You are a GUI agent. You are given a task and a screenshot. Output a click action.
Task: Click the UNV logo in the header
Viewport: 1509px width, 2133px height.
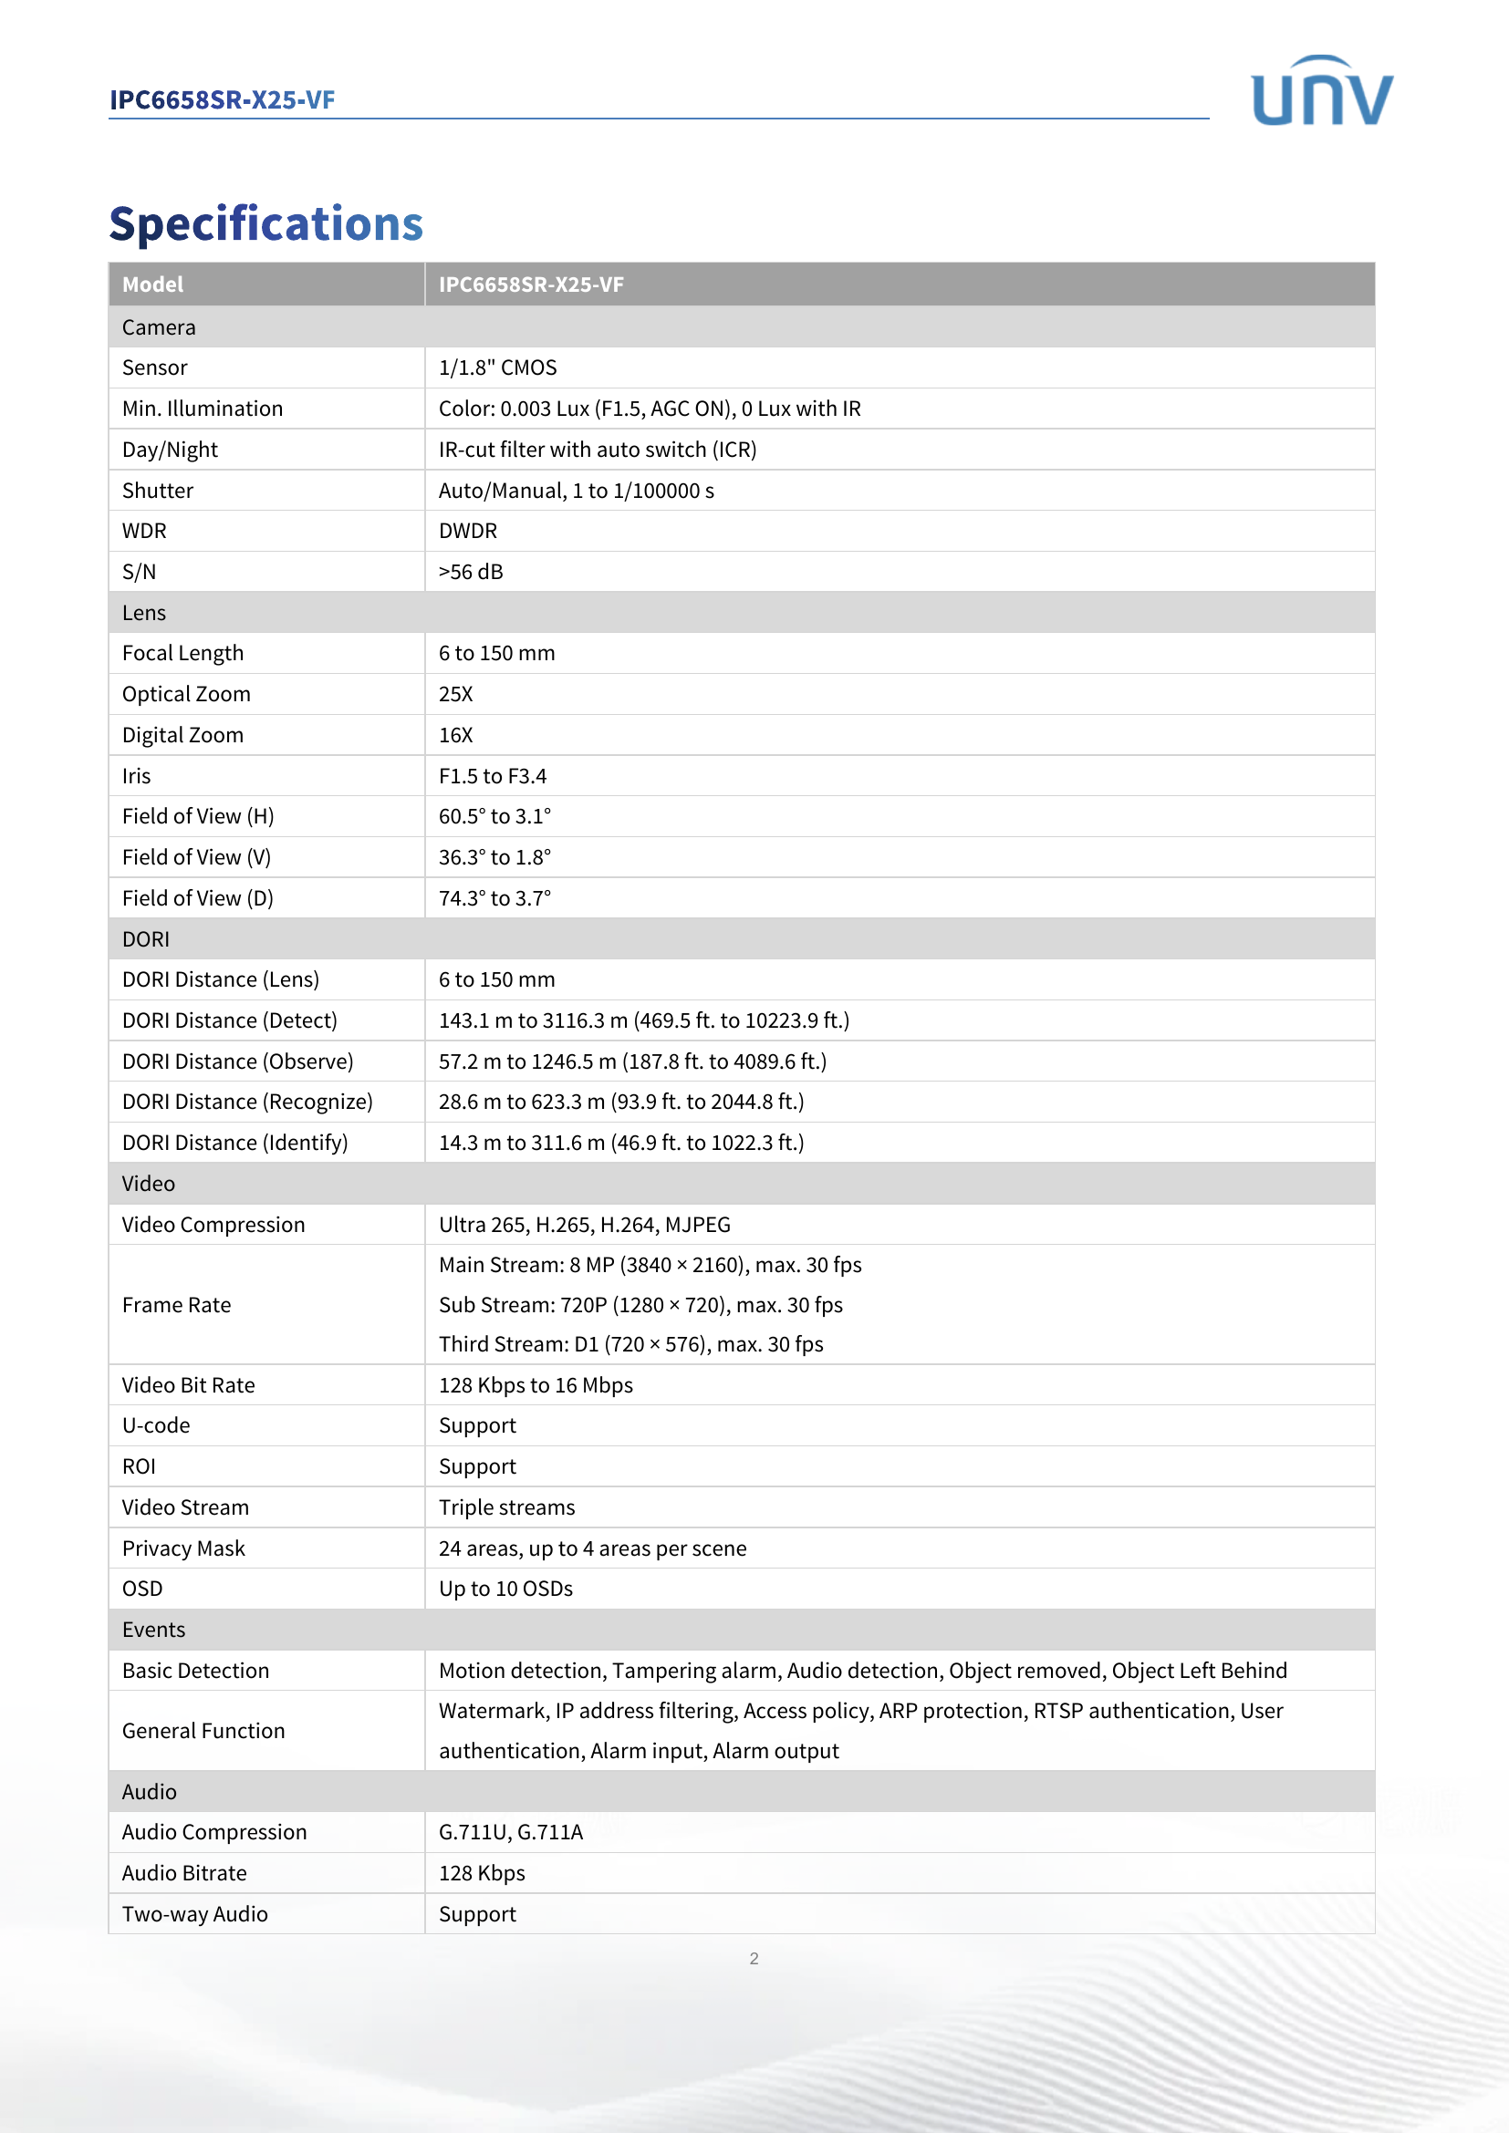tap(1321, 91)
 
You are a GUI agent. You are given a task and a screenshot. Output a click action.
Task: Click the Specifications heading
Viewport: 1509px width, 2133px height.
tap(265, 224)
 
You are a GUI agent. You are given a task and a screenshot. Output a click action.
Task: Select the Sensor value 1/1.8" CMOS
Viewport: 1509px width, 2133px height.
tap(497, 368)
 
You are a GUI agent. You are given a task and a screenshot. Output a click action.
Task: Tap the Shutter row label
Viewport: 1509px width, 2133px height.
tap(157, 491)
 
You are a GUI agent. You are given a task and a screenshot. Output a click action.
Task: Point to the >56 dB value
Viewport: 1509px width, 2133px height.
tap(470, 573)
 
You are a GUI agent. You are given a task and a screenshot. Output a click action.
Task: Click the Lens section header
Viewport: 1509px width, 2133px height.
tap(144, 613)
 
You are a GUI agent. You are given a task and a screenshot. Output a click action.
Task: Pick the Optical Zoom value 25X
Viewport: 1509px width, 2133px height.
tap(455, 694)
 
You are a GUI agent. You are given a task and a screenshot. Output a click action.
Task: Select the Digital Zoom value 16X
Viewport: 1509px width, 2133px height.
tap(455, 735)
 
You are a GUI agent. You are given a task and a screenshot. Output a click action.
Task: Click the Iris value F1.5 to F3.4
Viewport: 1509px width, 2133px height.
tap(493, 776)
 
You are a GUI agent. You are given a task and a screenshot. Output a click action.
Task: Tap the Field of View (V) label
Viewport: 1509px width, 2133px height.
tap(196, 857)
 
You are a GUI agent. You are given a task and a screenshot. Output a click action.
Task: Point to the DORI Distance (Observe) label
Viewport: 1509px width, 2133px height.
tap(237, 1061)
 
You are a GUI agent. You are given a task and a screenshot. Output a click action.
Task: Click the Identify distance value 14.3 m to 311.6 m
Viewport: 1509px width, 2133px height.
tap(620, 1143)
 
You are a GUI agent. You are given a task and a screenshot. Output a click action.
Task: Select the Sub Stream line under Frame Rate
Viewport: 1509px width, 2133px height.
tap(640, 1305)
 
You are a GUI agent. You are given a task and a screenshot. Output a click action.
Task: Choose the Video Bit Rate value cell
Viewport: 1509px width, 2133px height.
tap(536, 1385)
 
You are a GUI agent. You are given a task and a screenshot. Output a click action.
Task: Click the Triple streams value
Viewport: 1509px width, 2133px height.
tap(506, 1507)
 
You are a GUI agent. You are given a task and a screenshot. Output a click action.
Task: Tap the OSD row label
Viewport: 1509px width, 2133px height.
tap(142, 1589)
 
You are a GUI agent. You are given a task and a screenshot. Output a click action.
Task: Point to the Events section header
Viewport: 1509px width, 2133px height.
tap(153, 1630)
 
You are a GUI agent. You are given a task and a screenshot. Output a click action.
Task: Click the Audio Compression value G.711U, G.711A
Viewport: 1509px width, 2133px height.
tap(510, 1832)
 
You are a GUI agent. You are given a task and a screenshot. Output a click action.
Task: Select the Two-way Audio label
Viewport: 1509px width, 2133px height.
tap(194, 1914)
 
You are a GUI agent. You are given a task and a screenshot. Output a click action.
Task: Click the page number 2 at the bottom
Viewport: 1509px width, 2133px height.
tap(754, 1958)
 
